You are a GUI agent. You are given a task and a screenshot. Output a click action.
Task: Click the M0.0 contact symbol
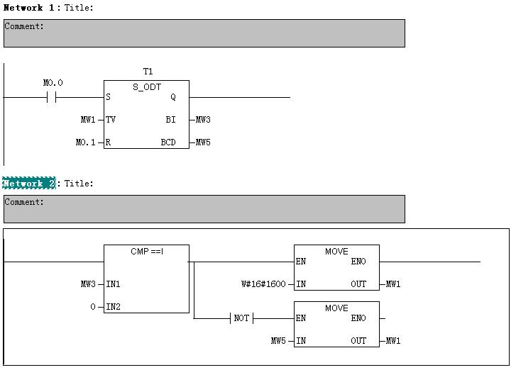(51, 97)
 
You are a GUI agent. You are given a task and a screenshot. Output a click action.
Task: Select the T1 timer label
(148, 72)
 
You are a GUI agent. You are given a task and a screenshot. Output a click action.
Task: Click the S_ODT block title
(147, 87)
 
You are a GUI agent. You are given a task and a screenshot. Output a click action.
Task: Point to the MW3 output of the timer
(203, 120)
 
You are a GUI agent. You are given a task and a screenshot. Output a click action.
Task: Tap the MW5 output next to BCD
(203, 142)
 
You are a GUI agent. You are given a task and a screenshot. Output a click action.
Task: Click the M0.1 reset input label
(85, 142)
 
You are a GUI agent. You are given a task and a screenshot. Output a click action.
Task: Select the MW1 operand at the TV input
(87, 120)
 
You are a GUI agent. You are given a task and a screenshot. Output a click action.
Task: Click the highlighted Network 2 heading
(28, 184)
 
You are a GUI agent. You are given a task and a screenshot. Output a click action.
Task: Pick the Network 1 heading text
(31, 8)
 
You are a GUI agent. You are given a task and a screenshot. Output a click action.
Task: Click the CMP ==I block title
(147, 252)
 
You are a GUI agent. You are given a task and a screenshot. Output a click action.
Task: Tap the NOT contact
(241, 318)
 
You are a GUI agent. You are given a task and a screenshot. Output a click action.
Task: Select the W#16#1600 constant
(263, 284)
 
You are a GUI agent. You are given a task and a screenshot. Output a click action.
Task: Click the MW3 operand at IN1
(87, 284)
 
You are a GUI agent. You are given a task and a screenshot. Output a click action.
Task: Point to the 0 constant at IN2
(92, 307)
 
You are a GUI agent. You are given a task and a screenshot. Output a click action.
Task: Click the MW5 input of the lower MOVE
(278, 341)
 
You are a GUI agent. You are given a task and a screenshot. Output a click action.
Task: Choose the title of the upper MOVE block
(336, 252)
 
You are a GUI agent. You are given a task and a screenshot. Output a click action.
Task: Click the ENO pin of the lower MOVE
(358, 318)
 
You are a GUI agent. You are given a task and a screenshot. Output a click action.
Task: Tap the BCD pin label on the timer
(168, 142)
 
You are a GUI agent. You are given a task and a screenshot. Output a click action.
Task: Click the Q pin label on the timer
(173, 97)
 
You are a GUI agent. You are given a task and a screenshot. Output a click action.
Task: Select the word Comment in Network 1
(24, 26)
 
